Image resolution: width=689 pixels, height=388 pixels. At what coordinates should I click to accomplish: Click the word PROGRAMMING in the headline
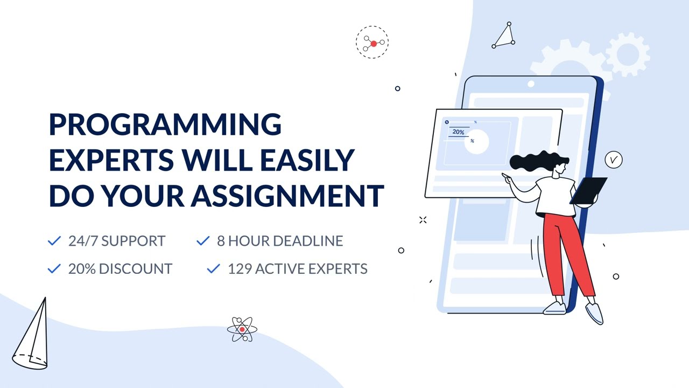coord(165,124)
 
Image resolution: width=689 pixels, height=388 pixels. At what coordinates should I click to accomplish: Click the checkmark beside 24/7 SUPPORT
coord(54,241)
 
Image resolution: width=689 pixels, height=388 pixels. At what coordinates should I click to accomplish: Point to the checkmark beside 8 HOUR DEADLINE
coord(202,241)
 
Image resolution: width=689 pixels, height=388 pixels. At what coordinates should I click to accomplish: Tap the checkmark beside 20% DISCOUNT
coord(54,268)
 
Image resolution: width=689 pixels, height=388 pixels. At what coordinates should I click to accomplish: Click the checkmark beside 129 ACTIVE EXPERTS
coord(213,268)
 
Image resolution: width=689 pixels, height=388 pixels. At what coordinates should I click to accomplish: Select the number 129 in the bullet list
coord(239,268)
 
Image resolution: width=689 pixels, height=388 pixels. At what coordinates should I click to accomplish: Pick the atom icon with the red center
coord(242,329)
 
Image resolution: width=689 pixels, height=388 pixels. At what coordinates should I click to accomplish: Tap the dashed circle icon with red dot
coord(372,42)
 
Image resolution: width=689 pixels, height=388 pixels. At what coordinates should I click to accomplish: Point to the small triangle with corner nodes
coord(504,37)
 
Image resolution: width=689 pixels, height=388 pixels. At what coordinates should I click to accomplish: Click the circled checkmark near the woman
coord(613,160)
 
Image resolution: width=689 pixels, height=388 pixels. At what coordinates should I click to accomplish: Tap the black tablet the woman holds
coord(588,191)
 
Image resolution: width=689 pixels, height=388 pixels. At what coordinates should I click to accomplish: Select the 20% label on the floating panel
coord(458,132)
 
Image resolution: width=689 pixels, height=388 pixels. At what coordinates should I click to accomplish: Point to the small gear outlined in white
coord(627,54)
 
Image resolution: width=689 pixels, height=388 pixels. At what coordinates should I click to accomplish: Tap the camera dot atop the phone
coord(531,84)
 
